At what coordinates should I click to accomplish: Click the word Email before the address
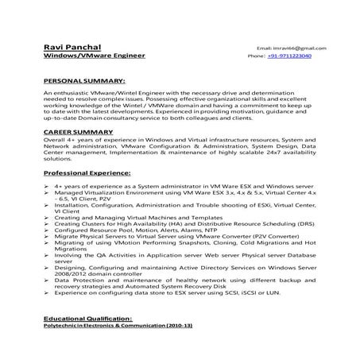(264, 48)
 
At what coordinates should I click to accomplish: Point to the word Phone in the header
(256, 57)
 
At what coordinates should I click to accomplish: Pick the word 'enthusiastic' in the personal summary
(79, 92)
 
